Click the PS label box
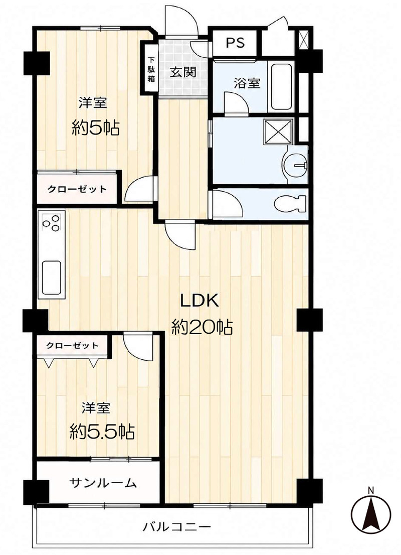235,43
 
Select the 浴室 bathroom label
247,83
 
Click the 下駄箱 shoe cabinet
151,69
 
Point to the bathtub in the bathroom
281,87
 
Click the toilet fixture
290,204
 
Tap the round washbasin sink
295,165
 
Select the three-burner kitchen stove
51,223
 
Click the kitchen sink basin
52,277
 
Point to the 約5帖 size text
96,128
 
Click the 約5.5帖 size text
102,432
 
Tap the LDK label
200,301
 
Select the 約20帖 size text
202,327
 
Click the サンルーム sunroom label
103,483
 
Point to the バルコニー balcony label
176,527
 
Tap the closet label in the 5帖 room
77,189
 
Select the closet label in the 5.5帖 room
72,345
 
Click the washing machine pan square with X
279,131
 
